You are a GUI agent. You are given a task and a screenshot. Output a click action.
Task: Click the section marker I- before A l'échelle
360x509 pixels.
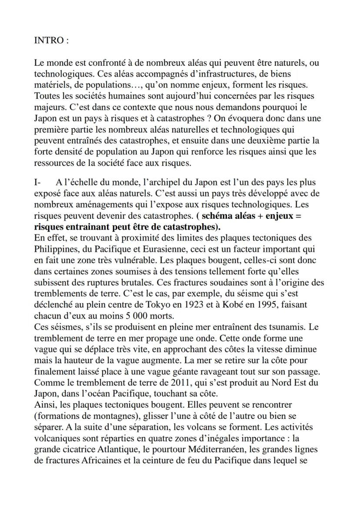[38, 182]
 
